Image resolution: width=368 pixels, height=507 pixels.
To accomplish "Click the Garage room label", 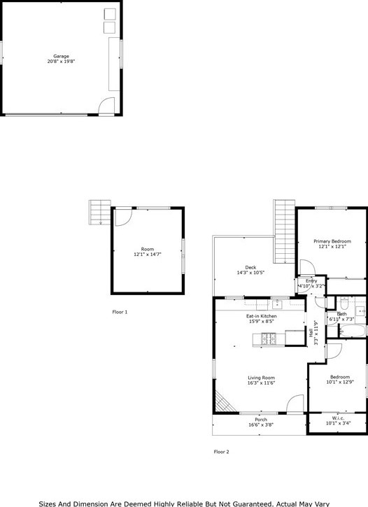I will (62, 56).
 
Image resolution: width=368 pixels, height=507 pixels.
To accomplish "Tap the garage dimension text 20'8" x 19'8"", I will (62, 62).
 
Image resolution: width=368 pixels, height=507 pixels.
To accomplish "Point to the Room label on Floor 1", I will (147, 249).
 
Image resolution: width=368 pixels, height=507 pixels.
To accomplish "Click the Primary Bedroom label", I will (332, 241).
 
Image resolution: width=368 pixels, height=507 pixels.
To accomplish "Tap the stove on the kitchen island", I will (269, 339).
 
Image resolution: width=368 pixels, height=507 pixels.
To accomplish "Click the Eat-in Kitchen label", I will (260, 317).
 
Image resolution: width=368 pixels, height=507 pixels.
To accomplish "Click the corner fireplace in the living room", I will (222, 404).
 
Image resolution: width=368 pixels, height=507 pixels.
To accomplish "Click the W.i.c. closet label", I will (337, 418).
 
